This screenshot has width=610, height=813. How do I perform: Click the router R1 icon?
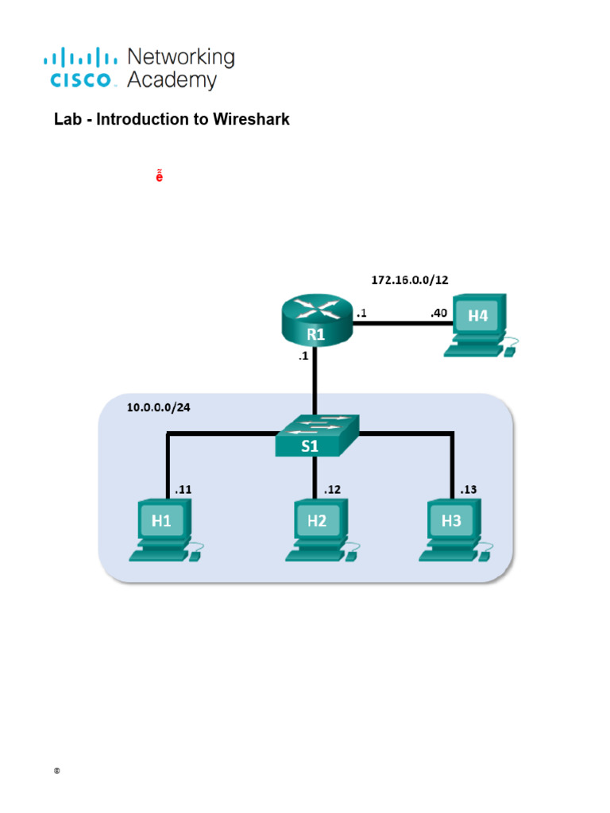317,322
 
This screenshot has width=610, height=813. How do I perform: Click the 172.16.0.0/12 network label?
415,280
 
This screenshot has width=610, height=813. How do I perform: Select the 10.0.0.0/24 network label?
159,408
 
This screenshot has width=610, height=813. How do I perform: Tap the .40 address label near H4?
438,313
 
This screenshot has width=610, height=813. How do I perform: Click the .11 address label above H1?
183,490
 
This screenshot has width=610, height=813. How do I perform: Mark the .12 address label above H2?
332,490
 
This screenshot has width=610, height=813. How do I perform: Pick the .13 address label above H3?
468,490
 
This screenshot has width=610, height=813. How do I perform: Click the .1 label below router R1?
303,357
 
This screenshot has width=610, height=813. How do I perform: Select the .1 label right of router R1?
361,313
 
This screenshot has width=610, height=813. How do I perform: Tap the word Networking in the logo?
181,57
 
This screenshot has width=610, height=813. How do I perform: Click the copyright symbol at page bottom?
57,772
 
